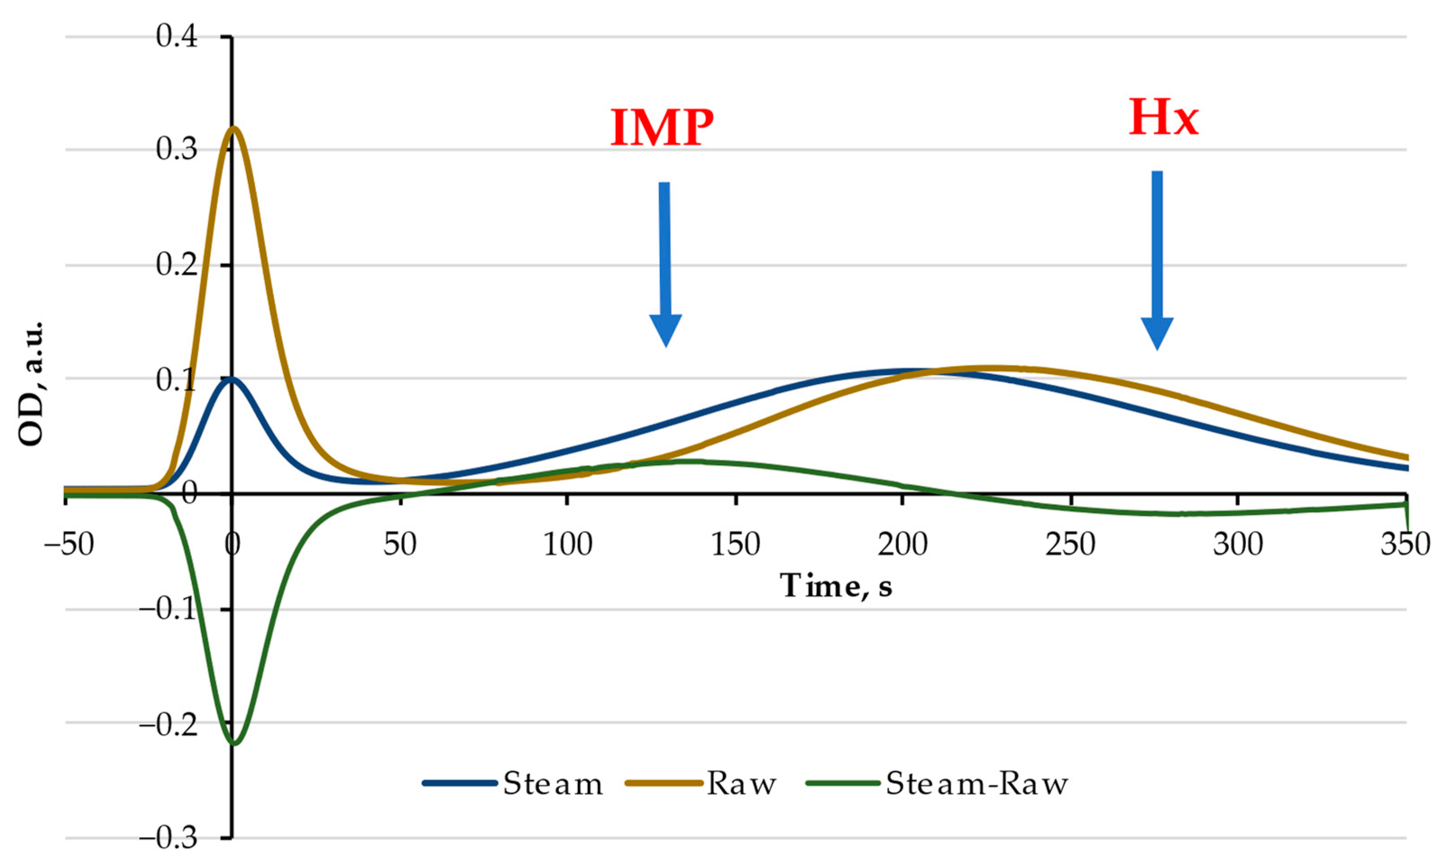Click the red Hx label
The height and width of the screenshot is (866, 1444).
pos(1164,119)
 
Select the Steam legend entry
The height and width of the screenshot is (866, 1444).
pos(513,784)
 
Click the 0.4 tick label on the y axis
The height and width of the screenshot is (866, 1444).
pos(177,37)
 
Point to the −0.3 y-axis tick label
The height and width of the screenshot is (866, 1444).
pos(168,838)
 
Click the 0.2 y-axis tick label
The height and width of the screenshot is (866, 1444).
pos(177,266)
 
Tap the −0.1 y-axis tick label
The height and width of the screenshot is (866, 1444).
pos(168,610)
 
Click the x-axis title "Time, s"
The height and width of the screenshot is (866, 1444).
pos(836,585)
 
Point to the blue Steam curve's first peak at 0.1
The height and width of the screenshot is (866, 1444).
pos(232,378)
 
